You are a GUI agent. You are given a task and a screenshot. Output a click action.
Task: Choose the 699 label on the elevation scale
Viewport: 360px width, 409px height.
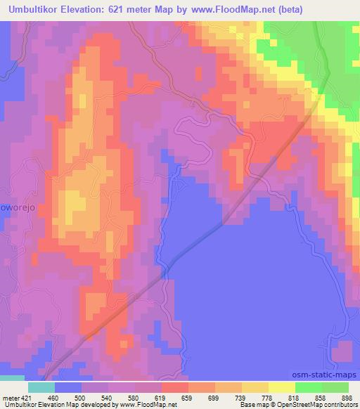217,398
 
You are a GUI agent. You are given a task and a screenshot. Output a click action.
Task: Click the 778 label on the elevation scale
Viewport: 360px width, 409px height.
270,398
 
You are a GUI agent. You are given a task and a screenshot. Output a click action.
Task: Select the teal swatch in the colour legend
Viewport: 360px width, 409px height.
41,387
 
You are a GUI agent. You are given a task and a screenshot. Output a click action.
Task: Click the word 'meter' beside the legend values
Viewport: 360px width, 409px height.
9,398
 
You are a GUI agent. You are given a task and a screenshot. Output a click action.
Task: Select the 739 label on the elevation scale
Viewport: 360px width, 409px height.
243,398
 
